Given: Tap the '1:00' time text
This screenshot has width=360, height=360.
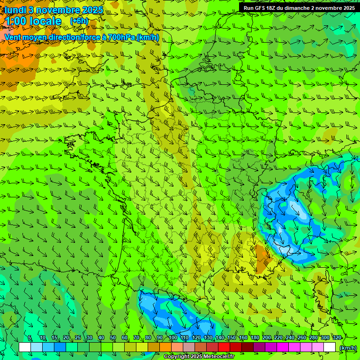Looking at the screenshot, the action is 15,21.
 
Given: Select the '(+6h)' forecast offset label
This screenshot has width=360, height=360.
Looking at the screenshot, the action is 79,21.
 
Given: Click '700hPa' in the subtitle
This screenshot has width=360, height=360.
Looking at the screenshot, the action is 120,37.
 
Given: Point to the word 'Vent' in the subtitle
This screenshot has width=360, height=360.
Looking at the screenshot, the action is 13,37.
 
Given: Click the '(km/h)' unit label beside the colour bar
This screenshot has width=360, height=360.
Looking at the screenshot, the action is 348,348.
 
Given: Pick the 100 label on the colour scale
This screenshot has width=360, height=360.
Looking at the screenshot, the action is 172,338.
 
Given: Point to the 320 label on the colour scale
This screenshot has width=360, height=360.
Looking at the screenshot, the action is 337,338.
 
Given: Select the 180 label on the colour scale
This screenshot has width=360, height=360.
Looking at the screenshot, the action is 255,338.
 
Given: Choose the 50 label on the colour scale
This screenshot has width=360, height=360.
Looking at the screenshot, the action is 113,338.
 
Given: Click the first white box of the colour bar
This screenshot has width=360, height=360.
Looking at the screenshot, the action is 25,347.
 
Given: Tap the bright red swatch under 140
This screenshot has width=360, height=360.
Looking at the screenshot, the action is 224,347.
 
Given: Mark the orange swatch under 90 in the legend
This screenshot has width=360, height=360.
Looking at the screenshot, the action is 165,347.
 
